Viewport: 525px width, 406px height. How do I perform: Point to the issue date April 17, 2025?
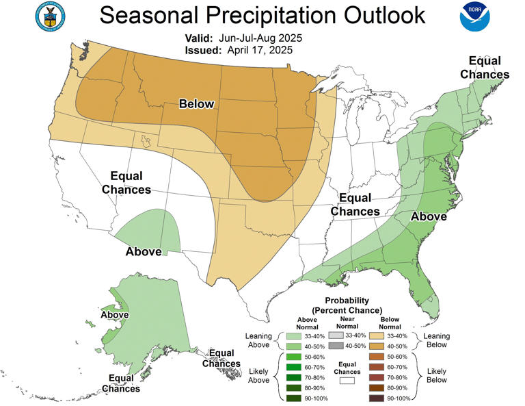tap(262, 50)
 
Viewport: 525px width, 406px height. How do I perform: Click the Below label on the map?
tap(196, 104)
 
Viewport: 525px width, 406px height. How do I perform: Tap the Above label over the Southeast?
tap(429, 217)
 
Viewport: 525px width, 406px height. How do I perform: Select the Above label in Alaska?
tap(115, 315)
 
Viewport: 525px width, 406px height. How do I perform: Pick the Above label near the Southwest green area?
tap(144, 252)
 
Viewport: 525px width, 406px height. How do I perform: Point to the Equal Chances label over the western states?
tap(126, 181)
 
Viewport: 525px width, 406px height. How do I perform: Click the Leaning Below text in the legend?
tap(436, 340)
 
